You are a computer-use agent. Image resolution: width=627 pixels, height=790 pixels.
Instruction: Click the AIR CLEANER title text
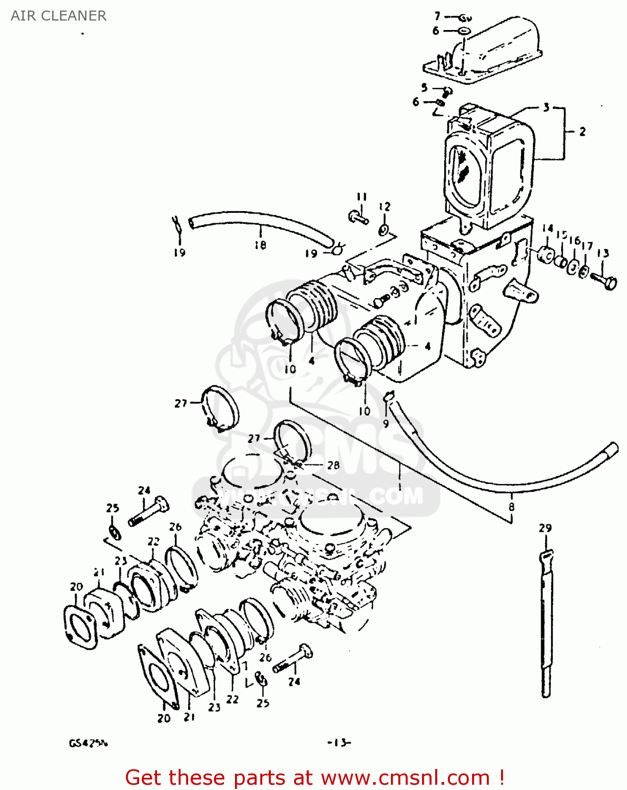pos(58,16)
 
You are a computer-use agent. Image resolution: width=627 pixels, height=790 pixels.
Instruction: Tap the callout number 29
pos(545,528)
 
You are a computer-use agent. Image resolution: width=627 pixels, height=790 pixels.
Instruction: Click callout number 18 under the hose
pos(260,245)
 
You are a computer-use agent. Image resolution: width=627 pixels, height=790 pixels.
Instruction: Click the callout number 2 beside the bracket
pos(582,132)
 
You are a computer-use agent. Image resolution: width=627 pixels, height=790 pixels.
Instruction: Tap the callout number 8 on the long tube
pos(511,507)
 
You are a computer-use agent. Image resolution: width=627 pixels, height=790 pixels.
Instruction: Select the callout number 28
pos(333,465)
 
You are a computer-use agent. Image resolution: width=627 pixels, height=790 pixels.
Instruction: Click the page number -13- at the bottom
pos(339,743)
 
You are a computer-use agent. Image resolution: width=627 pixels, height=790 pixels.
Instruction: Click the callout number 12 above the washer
pos(385,207)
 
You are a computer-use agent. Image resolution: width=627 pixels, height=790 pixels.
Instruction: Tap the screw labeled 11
pos(359,216)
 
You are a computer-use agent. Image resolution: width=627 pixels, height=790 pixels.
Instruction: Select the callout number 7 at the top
pos(437,16)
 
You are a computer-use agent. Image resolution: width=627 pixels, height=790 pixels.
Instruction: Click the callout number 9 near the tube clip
pos(386,423)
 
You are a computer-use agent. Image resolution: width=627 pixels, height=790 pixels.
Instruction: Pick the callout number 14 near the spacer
pos(547,229)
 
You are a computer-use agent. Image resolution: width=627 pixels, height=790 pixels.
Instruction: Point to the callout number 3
pos(546,107)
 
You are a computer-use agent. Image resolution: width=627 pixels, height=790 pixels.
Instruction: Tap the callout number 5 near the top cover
pos(424,87)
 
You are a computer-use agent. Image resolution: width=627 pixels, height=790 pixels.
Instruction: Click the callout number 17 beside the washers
pos(587,246)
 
